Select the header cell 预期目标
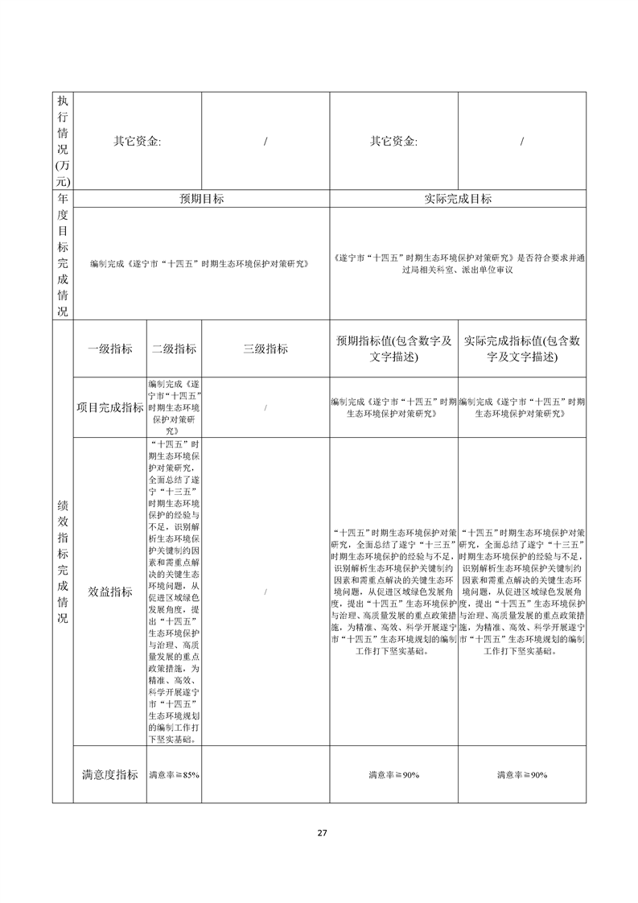pyautogui.click(x=201, y=199)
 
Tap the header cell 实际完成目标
pyautogui.click(x=457, y=199)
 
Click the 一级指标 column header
pyautogui.click(x=110, y=348)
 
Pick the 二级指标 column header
pyautogui.click(x=174, y=348)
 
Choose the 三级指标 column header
pyautogui.click(x=265, y=348)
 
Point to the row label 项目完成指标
pyautogui.click(x=110, y=407)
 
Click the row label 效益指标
pyautogui.click(x=110, y=592)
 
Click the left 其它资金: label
pyautogui.click(x=138, y=141)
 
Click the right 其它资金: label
pyautogui.click(x=393, y=141)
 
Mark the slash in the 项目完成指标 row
pyautogui.click(x=265, y=407)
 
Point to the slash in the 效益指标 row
pyautogui.click(x=265, y=592)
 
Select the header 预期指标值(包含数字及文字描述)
pyautogui.click(x=393, y=348)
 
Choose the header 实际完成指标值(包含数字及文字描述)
pyautogui.click(x=521, y=348)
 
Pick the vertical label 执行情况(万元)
pyautogui.click(x=63, y=141)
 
